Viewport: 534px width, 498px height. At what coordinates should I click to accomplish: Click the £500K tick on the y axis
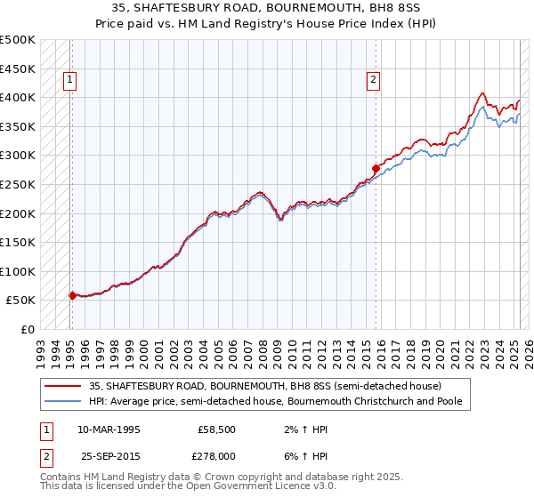[18, 40]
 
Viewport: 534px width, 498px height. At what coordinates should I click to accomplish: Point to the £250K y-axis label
[18, 185]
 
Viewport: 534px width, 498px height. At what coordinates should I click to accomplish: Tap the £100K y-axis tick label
[18, 271]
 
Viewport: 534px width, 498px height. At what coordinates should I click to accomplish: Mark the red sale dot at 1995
[72, 295]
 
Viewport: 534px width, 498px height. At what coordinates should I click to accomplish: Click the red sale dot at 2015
[376, 167]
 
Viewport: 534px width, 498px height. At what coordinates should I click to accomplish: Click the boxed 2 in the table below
[45, 455]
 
